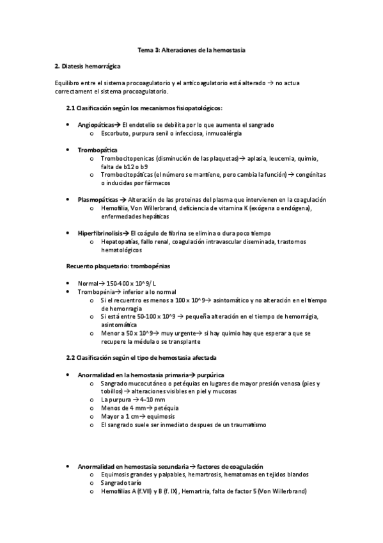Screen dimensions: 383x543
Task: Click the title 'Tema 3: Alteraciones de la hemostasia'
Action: point(191,49)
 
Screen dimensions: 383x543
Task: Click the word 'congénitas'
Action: point(311,174)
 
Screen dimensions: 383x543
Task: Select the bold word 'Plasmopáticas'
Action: point(98,199)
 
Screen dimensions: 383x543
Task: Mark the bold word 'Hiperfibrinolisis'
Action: point(101,232)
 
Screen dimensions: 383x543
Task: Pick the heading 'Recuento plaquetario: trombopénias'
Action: point(118,266)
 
